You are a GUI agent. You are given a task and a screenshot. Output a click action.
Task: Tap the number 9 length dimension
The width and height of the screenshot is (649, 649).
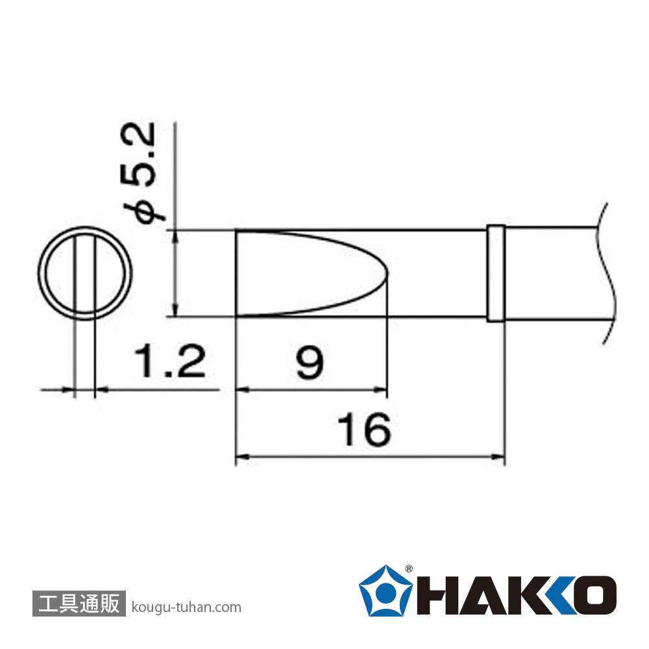pyautogui.click(x=309, y=362)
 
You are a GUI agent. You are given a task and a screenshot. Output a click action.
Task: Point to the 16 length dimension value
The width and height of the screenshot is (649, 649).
pyautogui.click(x=364, y=430)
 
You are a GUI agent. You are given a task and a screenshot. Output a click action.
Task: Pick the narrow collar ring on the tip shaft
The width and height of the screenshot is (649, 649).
pyautogui.click(x=496, y=273)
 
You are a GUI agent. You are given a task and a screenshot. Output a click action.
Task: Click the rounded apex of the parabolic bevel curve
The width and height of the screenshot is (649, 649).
pyautogui.click(x=387, y=273)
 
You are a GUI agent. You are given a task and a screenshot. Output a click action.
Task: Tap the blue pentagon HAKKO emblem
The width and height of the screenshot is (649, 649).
pyautogui.click(x=386, y=591)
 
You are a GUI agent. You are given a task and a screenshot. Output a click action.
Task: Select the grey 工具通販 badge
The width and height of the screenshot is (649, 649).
pyautogui.click(x=79, y=603)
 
